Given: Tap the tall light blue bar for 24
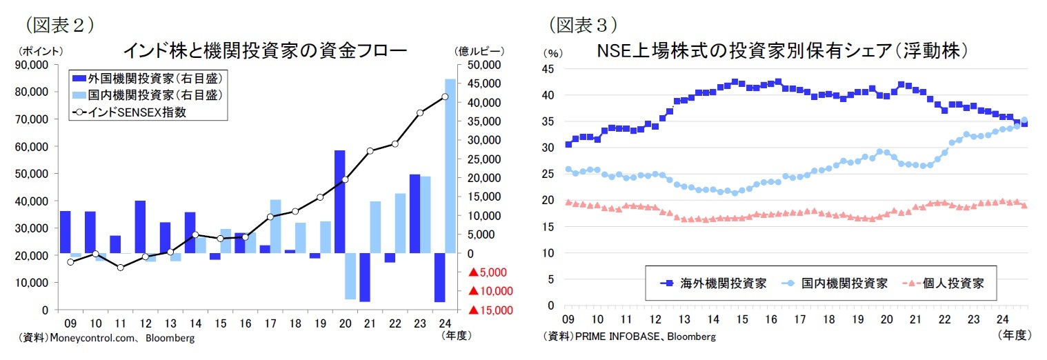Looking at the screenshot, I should (450, 166).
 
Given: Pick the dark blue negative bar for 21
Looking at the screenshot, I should (364, 277).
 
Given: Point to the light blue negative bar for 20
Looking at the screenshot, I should (350, 276).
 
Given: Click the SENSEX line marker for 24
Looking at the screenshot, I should (445, 97).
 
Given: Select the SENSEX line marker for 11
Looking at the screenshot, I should (120, 267).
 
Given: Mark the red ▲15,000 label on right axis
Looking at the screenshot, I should (491, 310).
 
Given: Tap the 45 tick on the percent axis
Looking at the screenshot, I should (550, 68).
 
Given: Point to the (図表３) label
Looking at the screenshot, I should (581, 25).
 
